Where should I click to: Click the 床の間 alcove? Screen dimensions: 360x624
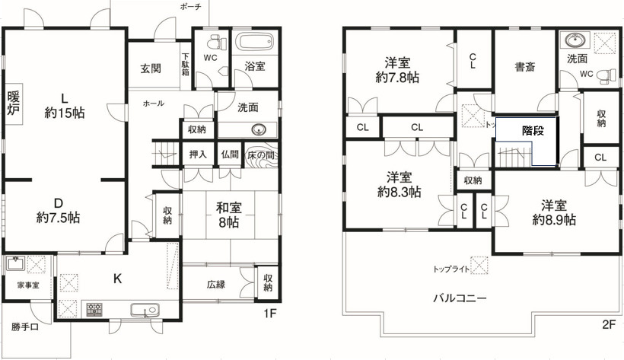260,154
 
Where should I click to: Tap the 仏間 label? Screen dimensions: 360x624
230,155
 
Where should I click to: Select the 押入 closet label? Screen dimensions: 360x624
198,155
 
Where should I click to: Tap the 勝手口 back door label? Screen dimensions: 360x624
24,328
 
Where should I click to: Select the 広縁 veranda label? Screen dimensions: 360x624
217,285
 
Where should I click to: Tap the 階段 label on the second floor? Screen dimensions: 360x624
533,130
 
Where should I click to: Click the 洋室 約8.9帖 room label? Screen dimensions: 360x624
559,212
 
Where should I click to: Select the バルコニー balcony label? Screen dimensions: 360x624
460,298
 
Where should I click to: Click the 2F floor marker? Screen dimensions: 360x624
608,323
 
